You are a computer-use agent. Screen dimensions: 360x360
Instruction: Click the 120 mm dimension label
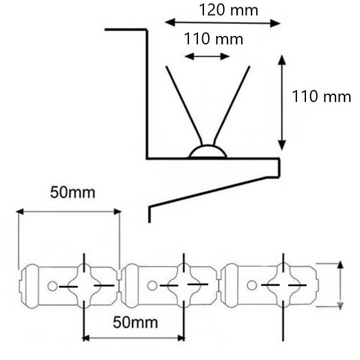229,10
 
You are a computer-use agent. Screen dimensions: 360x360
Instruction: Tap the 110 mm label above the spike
214,39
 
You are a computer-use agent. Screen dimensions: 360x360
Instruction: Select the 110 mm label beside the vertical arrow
321,96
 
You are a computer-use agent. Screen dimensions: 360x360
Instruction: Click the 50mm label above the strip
73,193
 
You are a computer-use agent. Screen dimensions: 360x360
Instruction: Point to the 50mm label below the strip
135,322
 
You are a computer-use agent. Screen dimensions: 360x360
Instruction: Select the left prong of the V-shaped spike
184,105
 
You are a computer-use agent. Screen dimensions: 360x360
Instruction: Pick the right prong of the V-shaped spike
232,105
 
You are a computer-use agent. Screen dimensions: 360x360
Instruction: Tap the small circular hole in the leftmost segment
52,286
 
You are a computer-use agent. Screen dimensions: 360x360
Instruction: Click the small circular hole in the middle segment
152,286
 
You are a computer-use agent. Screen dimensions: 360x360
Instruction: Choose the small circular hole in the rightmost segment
251,285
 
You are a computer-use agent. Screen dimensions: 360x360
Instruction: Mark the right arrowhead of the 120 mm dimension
275,23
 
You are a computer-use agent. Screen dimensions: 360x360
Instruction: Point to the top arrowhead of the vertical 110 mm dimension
282,59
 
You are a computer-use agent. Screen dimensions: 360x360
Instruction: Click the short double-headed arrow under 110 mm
207,56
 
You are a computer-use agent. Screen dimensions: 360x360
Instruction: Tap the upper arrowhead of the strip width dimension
340,265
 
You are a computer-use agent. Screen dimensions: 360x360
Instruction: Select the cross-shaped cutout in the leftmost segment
85,286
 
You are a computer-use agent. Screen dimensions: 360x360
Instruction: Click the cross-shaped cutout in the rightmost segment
284,285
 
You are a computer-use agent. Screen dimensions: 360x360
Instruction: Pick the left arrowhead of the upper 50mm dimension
20,212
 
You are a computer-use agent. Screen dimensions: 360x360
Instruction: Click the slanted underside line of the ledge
208,193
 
